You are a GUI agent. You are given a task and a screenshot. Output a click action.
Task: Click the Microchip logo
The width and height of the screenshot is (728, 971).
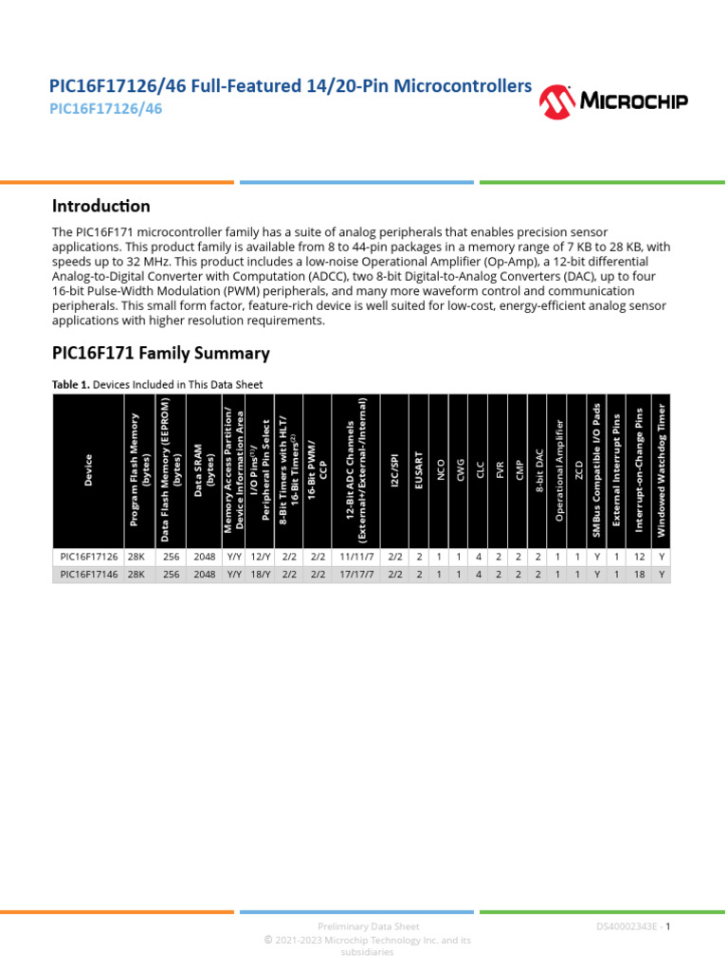(x=613, y=101)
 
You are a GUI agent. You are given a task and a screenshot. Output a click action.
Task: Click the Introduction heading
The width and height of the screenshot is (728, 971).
(x=100, y=206)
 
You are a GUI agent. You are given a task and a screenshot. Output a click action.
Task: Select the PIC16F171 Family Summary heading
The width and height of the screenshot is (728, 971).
(x=160, y=354)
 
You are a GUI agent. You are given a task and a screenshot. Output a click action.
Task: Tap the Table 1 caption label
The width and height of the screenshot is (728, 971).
(x=156, y=384)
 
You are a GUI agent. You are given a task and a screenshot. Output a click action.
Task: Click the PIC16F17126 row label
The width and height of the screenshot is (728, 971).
(x=89, y=559)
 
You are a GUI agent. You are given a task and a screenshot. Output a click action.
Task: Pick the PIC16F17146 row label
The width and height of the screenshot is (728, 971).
(x=89, y=575)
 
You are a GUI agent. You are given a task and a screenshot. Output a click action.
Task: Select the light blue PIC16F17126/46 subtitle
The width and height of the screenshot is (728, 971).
(x=105, y=109)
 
